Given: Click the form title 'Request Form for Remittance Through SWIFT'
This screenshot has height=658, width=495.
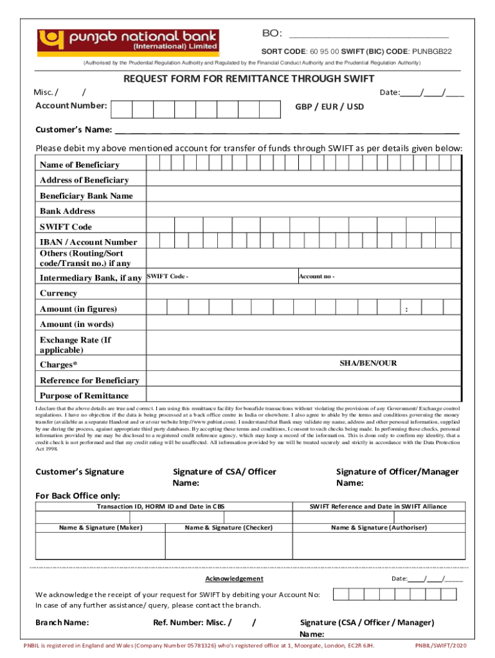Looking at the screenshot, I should [249, 80].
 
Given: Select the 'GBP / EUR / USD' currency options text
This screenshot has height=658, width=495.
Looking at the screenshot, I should [329, 107].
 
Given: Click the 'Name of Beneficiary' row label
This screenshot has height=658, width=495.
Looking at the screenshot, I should [80, 165].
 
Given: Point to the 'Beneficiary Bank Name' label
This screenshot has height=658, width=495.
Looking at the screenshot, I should [86, 196].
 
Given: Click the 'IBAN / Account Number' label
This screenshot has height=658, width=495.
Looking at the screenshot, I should [88, 242].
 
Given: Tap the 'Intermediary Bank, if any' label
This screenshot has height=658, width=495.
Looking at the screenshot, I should [91, 278].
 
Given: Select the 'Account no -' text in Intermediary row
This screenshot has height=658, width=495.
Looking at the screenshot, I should [316, 276].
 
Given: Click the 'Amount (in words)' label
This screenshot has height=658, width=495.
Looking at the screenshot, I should [76, 325].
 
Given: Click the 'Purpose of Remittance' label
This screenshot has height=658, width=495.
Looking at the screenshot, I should [84, 396].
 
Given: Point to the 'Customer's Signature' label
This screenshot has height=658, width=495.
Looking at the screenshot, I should [80, 472].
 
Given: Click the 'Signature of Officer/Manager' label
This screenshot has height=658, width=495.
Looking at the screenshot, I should [397, 472].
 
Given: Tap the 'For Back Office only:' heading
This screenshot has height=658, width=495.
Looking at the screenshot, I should [77, 495].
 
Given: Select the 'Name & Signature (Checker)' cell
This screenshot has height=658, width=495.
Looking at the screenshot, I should [229, 528].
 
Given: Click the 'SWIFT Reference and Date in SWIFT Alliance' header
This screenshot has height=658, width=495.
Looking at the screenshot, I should [378, 506].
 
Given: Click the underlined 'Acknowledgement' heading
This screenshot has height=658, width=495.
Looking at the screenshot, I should [239, 579].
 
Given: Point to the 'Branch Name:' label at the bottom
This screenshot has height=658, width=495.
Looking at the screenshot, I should [62, 622].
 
